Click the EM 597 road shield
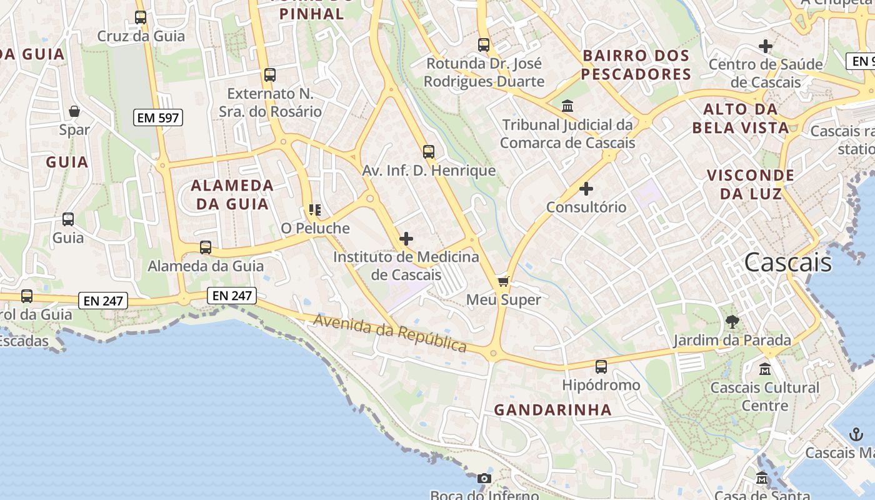click(157, 117)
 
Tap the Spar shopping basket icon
click(74, 112)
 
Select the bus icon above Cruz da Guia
click(141, 17)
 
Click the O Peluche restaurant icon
click(315, 210)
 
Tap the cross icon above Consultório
click(586, 188)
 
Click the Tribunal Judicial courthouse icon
click(567, 106)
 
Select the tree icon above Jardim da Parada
click(732, 322)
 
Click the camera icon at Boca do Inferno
click(484, 479)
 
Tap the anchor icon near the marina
click(856, 434)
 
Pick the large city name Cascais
click(787, 262)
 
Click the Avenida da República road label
click(391, 333)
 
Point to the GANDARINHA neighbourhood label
click(552, 410)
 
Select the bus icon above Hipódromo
click(601, 367)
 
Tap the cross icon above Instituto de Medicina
click(406, 239)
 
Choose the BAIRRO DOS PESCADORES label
click(636, 65)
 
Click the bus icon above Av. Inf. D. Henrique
click(428, 152)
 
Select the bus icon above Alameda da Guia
click(206, 247)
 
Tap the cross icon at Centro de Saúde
click(765, 46)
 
